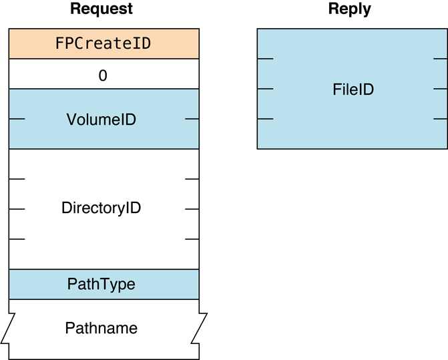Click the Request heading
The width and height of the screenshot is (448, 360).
pos(101,9)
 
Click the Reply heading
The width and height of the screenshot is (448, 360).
pos(349,9)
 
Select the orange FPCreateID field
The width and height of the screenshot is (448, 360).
pos(103,44)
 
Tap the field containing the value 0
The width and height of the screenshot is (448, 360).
pos(103,74)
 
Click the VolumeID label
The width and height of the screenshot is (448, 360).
pos(101,120)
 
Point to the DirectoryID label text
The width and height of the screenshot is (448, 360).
pos(101,208)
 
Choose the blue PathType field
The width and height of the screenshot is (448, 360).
pos(101,285)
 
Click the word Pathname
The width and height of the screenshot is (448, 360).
pos(101,329)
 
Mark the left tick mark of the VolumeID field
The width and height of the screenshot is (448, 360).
pos(17,120)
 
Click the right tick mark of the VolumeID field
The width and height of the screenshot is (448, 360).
pos(192,120)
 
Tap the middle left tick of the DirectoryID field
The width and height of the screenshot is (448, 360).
pos(17,209)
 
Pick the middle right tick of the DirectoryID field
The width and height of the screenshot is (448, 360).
pos(192,209)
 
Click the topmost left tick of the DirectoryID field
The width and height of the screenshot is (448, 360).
pos(17,179)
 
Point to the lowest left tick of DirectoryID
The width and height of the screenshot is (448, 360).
pos(17,238)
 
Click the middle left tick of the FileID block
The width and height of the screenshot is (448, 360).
pos(265,89)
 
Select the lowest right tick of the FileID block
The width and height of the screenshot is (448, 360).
pos(440,119)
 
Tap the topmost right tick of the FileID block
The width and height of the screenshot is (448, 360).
pos(440,59)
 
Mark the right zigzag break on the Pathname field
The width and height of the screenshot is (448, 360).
pos(199,328)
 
